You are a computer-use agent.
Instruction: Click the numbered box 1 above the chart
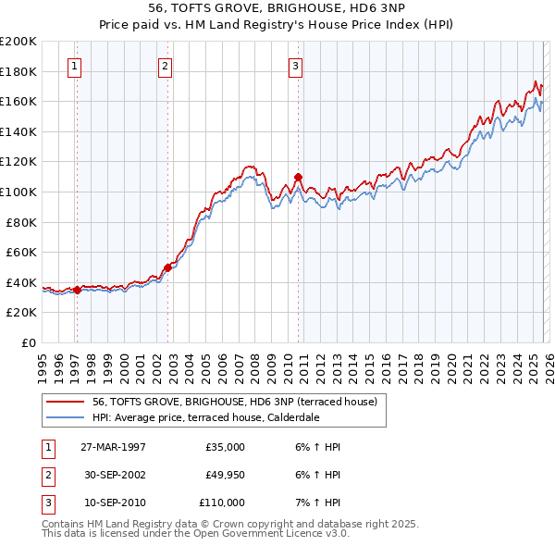pos(73,66)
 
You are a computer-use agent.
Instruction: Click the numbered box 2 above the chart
pos(164,66)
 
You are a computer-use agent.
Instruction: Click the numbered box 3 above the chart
pos(294,66)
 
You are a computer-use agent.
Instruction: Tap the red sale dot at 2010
pos(298,176)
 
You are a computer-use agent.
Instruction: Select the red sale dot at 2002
pos(167,267)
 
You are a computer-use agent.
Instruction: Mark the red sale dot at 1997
pos(77,290)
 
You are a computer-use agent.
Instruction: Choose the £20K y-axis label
pos(21,313)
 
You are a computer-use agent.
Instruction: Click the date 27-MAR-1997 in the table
pos(113,447)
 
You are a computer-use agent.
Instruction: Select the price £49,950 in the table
pos(224,475)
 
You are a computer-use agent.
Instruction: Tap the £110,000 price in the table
pos(222,503)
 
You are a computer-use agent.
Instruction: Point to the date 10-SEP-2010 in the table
pos(113,503)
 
